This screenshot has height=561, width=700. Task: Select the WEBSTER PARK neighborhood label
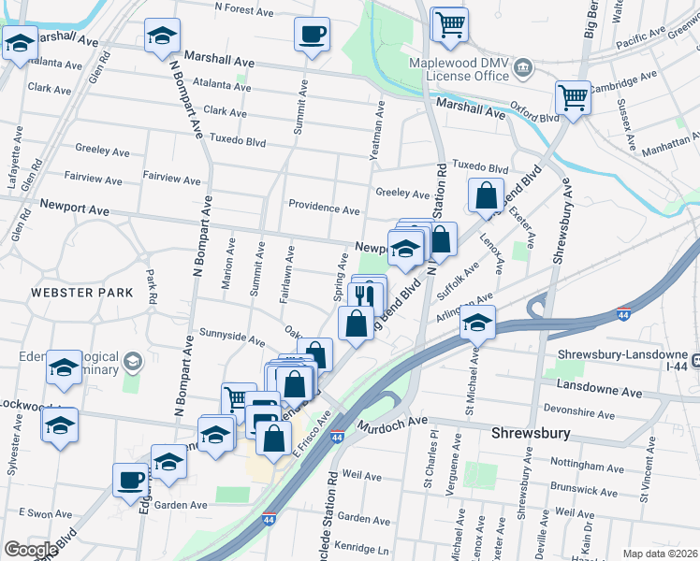click(80, 293)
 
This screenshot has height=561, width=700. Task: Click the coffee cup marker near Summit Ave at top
click(312, 36)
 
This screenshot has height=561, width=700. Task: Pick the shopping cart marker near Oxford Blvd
click(572, 96)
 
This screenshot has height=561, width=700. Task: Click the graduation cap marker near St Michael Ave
click(477, 324)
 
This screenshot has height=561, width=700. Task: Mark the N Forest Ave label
click(244, 8)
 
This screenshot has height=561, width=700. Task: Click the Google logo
click(30, 550)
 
